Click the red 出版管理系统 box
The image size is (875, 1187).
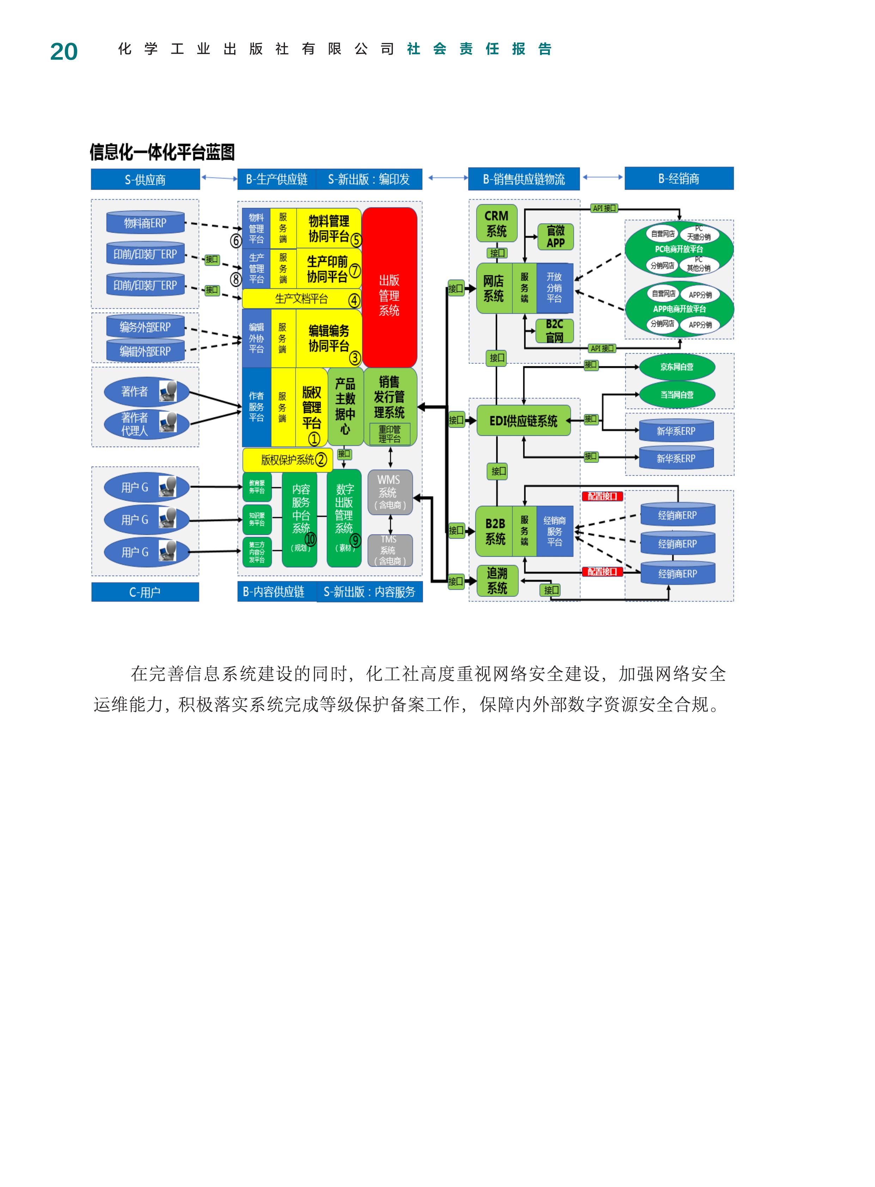point(389,288)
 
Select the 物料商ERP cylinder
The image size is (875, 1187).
point(145,223)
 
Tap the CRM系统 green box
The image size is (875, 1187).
point(496,224)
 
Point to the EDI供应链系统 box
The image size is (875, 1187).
point(523,421)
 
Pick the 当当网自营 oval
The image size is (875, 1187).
point(676,394)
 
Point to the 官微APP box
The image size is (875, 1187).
point(555,237)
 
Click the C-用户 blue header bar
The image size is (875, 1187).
point(145,592)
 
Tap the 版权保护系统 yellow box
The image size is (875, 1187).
point(287,460)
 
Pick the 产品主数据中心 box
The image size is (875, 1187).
point(345,406)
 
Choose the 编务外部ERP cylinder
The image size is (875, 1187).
point(145,327)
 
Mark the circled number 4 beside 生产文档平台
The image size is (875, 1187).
point(354,301)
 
